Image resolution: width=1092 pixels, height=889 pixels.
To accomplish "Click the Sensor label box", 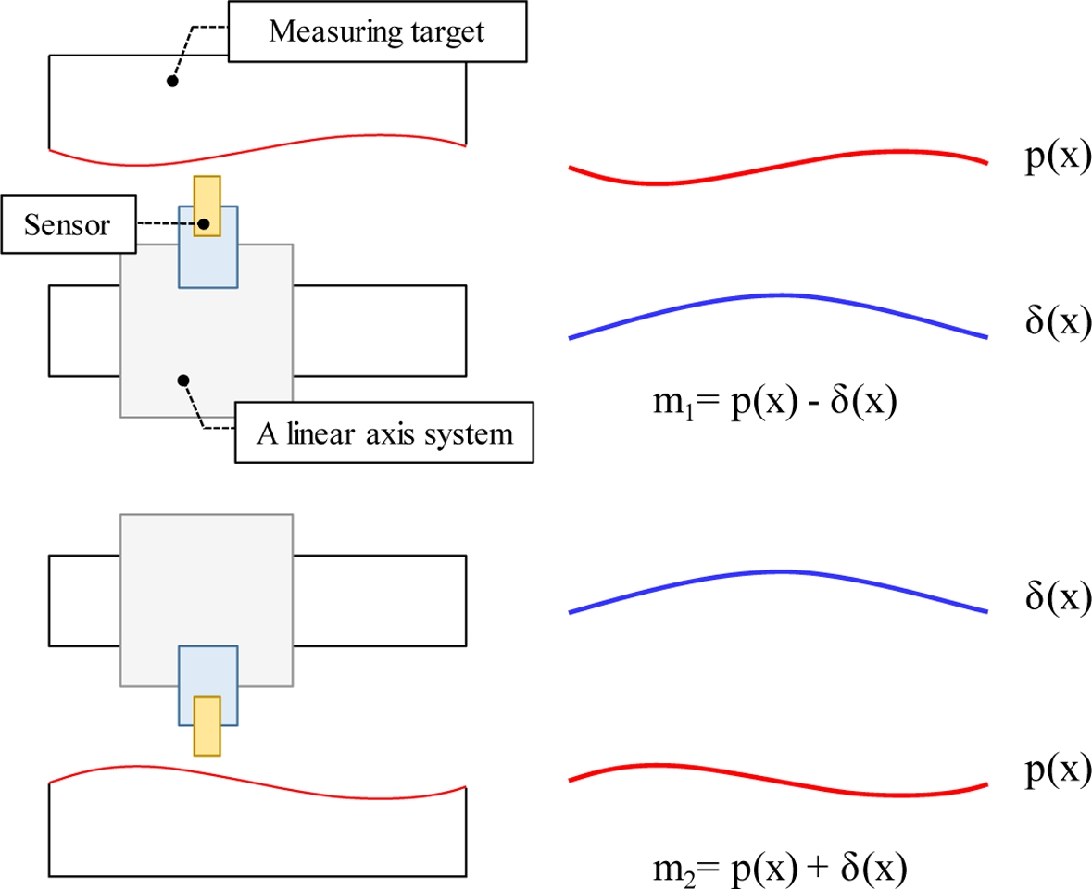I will [x=69, y=225].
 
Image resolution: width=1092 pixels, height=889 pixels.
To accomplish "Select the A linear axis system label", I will [x=384, y=432].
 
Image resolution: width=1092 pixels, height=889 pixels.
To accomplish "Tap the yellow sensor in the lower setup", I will [x=207, y=726].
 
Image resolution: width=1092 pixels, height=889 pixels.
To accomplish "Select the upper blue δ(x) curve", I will [x=778, y=295].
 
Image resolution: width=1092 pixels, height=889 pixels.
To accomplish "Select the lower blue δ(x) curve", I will [x=778, y=570].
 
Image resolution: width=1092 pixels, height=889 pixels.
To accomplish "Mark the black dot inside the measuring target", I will [x=171, y=81].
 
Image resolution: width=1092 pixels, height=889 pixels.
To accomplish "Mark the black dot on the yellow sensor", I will [x=207, y=224].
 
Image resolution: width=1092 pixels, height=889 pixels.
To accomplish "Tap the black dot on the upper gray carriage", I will [x=183, y=379].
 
